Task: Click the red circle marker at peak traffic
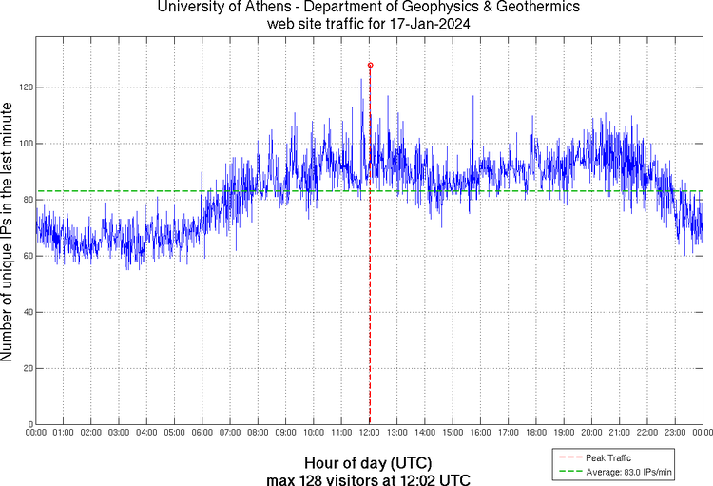coord(370,65)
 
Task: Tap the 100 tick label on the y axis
coord(24,144)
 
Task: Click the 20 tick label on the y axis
coord(26,368)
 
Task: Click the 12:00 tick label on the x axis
coord(370,433)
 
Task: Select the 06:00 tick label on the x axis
coord(202,433)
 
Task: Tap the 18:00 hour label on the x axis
coord(536,433)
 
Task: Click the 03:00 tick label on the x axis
coord(119,433)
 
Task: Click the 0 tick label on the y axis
coord(29,424)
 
